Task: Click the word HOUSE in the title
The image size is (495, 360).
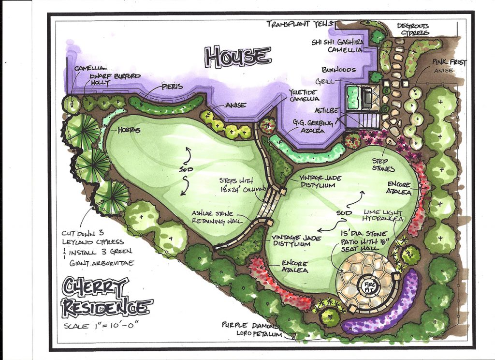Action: [237, 56]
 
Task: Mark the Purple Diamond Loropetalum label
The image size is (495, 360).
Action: [249, 328]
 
